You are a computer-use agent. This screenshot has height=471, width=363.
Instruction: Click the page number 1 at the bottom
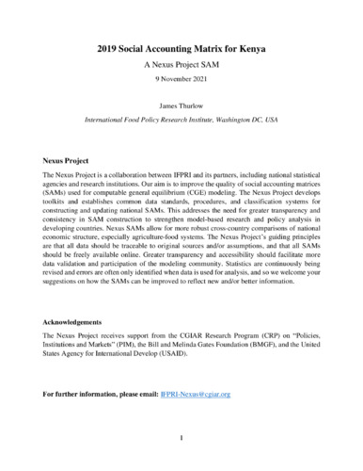coord(181,439)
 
